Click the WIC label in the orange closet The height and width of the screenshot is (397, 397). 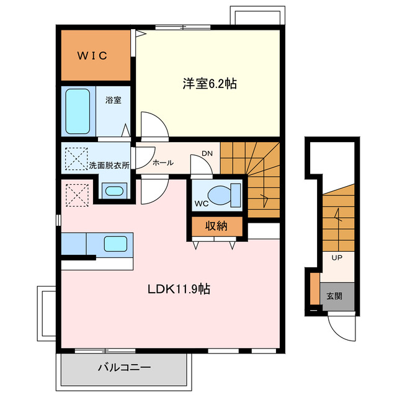tap(93, 56)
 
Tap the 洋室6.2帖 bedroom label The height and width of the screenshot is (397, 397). tap(209, 84)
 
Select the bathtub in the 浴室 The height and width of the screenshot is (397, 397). tap(78, 111)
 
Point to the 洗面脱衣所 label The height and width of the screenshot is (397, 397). tap(109, 166)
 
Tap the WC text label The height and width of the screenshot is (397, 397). tap(201, 203)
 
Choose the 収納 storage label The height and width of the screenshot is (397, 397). tap(216, 226)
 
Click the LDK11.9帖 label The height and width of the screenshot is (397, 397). tap(177, 288)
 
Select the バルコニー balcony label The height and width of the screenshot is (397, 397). tap(124, 368)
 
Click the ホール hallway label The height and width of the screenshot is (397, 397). tap(163, 163)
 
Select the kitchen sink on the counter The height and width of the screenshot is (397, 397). tap(116, 244)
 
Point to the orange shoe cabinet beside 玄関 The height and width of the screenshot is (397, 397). tap(315, 288)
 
